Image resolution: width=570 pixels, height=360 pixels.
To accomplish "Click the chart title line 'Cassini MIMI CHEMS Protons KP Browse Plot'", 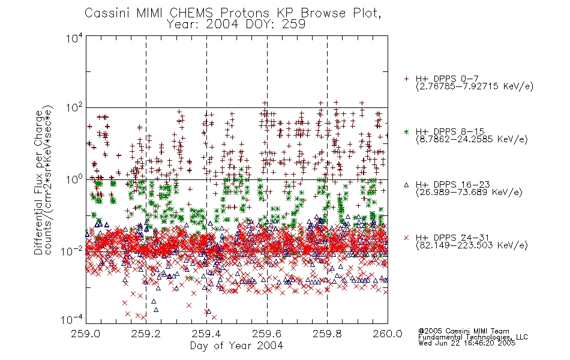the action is pos(233,13).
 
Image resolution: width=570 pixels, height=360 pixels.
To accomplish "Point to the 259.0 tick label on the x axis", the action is pos(85,334).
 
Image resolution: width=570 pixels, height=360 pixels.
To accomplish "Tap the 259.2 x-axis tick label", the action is pos(146,334).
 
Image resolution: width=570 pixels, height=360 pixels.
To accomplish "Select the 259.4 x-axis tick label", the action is pos(206,334).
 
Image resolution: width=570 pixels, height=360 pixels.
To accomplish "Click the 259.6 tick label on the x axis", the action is pos(267,334).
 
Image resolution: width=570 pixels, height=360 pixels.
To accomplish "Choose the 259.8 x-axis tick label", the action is pos(327,334).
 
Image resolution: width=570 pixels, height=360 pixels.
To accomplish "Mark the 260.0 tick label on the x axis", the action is pos(388,334).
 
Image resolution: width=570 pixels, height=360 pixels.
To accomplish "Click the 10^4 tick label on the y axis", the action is pos(74,38).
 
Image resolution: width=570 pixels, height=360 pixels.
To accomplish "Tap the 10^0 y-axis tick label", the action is pos(74,179).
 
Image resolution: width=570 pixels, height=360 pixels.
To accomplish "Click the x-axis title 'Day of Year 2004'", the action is pos(236,346).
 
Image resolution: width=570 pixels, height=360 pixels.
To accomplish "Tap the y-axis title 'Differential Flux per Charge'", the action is pos(39,182).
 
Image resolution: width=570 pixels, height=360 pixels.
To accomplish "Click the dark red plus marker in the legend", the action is pos(406,79).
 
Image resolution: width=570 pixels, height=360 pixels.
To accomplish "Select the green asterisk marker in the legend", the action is pos(406,131).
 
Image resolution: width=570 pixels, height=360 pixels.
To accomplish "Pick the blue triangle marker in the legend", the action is pos(406,185).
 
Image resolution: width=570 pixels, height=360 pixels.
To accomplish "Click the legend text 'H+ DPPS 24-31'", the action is pos(452,238).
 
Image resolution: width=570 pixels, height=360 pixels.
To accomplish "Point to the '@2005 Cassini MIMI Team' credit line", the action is pos(463,331).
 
